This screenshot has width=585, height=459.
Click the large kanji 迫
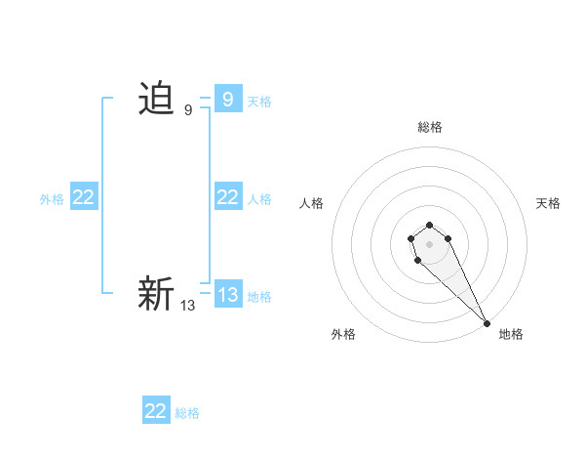click(x=156, y=100)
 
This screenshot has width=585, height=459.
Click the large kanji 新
click(x=156, y=294)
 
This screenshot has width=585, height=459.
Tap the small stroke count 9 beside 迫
click(x=188, y=110)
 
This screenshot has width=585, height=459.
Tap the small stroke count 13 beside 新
click(x=188, y=306)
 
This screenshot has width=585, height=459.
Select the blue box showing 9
click(x=227, y=100)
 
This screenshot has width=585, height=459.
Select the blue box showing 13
click(x=227, y=295)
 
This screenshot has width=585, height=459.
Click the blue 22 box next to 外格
click(x=83, y=197)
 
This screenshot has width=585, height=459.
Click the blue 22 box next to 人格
click(x=227, y=197)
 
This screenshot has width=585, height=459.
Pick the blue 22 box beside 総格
click(x=156, y=411)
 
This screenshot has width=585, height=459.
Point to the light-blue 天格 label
click(x=259, y=102)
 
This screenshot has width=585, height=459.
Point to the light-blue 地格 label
click(x=259, y=297)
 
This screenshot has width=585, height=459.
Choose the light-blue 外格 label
click(x=52, y=199)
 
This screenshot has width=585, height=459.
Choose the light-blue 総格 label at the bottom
click(x=187, y=413)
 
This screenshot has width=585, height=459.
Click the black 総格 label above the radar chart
click(x=430, y=127)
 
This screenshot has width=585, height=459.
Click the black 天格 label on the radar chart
click(x=548, y=203)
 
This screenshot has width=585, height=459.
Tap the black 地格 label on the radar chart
click(x=511, y=334)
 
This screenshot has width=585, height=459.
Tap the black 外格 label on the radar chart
click(x=343, y=334)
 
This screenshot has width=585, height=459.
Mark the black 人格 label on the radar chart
click(x=311, y=203)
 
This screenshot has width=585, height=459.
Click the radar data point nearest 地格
click(x=487, y=323)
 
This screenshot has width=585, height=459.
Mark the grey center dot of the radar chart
click(x=429, y=242)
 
